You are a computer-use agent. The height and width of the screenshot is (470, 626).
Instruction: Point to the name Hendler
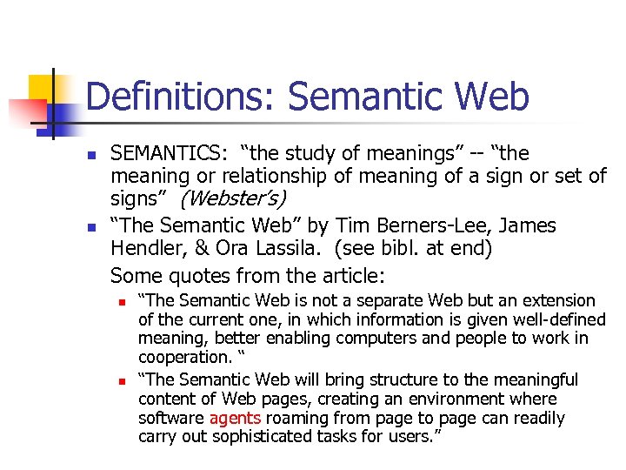click(146, 248)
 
